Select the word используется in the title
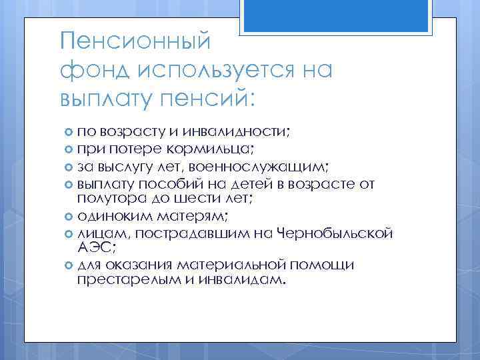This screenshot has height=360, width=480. coord(213,70)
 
